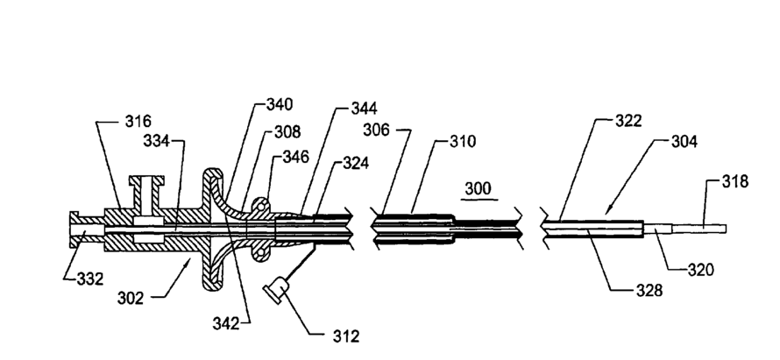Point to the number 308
(x=287, y=132)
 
